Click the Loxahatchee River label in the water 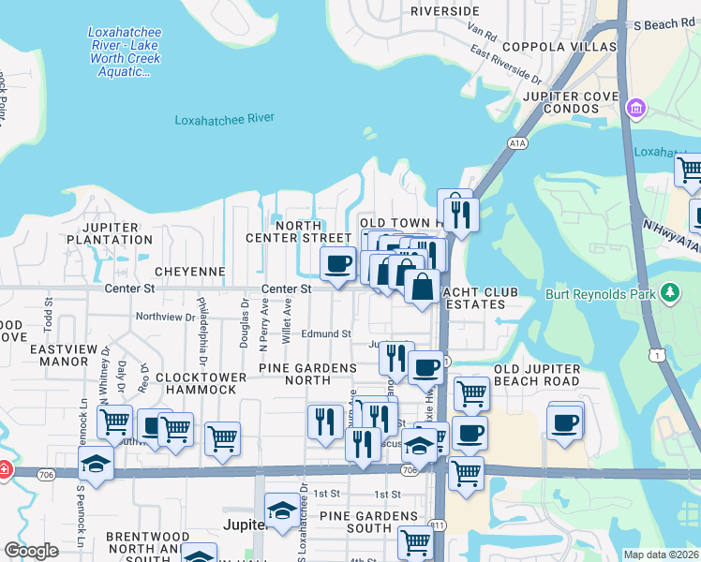(224, 119)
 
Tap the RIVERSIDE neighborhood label (445, 10)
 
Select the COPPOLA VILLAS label (559, 46)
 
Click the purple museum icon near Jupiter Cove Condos (636, 109)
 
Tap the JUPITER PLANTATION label (111, 233)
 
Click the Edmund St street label (326, 333)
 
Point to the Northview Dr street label (165, 317)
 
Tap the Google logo (31, 551)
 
